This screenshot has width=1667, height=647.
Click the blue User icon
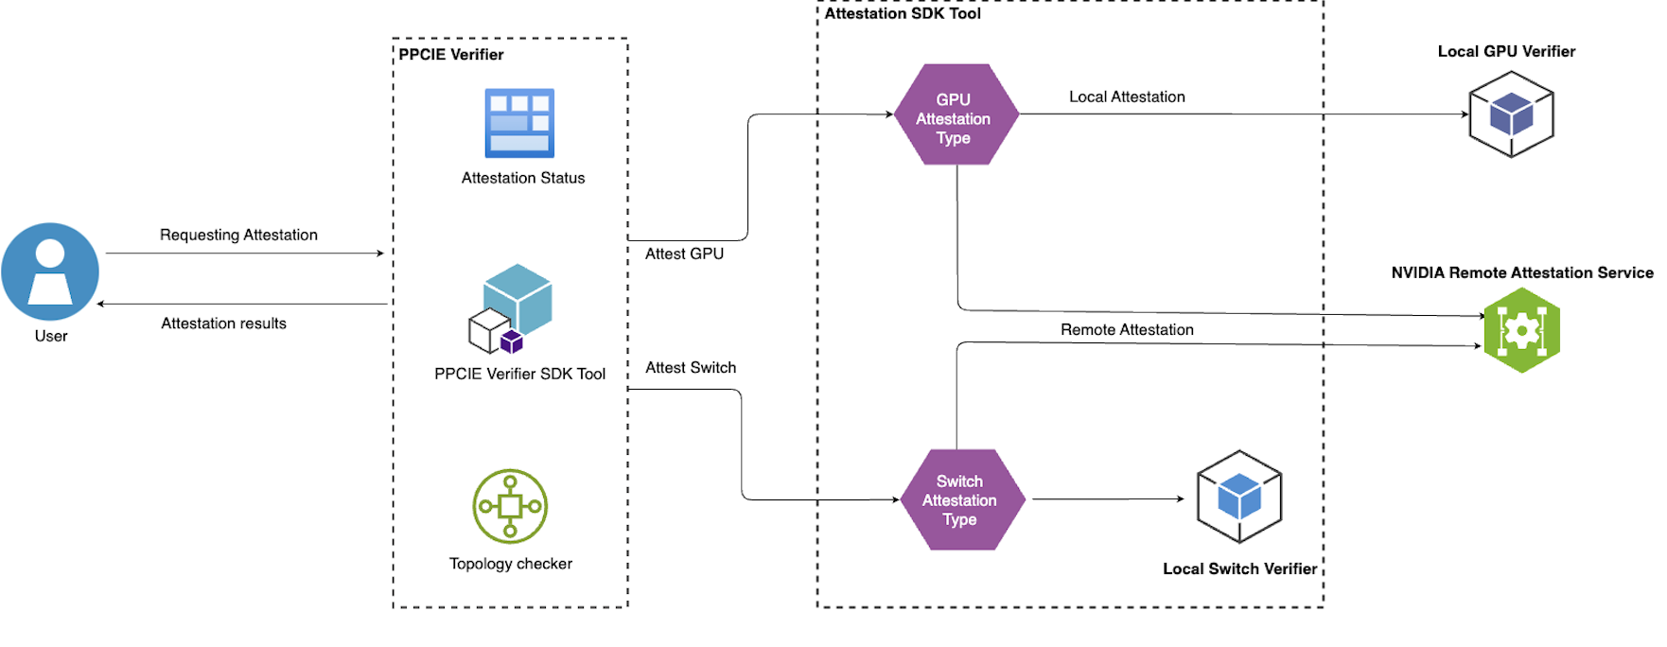click(x=50, y=271)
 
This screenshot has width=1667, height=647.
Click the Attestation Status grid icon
click(x=519, y=123)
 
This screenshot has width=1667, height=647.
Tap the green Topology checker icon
click(x=510, y=506)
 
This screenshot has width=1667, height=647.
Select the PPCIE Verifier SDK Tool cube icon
click(x=512, y=308)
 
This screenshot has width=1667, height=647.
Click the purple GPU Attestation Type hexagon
click(x=956, y=115)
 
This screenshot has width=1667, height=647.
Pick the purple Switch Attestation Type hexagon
click(x=961, y=499)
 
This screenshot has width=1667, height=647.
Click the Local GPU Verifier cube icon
click(x=1511, y=114)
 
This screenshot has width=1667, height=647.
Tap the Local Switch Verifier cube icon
click(x=1239, y=497)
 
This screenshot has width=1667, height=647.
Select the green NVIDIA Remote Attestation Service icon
click(x=1521, y=330)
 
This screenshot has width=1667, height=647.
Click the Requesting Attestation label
click(x=238, y=235)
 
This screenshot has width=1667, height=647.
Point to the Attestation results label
click(x=223, y=323)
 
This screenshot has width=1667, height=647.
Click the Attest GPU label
click(x=684, y=254)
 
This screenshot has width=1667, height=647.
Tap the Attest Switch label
click(x=691, y=368)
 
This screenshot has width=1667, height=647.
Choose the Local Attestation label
click(x=1127, y=96)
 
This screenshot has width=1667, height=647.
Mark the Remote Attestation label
click(x=1127, y=330)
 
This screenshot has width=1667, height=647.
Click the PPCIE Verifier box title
click(x=450, y=55)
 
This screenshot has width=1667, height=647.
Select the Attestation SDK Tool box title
click(x=903, y=13)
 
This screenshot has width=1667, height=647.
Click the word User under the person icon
click(x=51, y=336)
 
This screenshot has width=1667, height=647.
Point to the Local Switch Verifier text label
click(x=1239, y=568)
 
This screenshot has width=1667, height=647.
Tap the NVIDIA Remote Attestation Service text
click(x=1522, y=272)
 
